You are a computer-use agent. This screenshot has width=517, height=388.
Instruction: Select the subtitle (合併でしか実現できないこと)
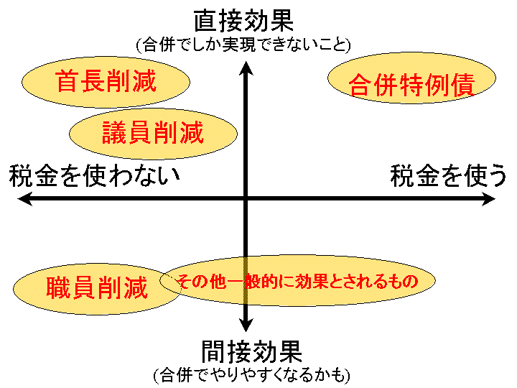(x=243, y=45)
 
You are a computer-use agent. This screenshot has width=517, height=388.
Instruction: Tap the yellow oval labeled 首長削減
(x=106, y=81)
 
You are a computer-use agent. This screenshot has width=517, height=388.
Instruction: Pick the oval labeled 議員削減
(x=153, y=132)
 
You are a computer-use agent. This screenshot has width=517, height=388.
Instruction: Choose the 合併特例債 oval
(x=412, y=85)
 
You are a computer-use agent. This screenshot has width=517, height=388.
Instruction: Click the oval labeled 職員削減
(x=96, y=288)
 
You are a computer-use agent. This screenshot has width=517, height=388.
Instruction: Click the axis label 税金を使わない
(x=94, y=175)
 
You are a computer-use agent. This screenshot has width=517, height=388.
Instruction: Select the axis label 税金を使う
(x=448, y=175)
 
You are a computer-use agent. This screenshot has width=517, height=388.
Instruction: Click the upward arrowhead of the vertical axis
(x=246, y=68)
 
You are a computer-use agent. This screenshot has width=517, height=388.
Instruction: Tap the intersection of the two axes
(x=246, y=200)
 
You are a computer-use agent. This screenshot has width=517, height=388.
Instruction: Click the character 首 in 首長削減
(x=68, y=81)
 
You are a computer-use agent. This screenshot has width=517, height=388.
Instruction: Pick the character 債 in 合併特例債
(x=462, y=85)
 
